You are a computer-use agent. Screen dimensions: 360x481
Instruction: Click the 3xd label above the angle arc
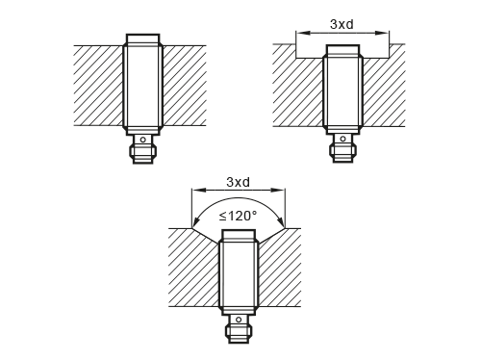[x=240, y=181]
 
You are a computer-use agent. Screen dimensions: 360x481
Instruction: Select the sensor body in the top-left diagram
[x=143, y=85]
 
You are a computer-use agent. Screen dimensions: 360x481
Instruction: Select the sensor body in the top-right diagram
[x=342, y=94]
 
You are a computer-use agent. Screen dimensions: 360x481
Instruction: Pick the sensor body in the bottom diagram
[x=240, y=271]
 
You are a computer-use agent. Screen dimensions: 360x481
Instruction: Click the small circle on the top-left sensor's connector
[x=143, y=141]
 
